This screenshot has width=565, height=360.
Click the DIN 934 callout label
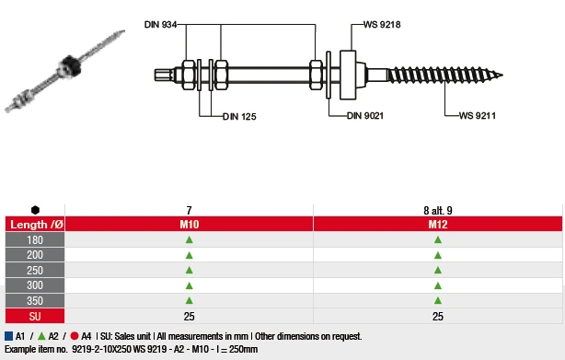tap(160, 25)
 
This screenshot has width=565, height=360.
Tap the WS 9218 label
tap(382, 25)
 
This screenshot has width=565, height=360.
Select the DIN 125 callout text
tap(239, 116)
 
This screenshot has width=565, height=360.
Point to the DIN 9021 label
tap(365, 116)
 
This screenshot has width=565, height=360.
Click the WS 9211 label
tap(478, 116)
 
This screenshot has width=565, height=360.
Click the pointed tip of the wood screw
tap(502, 75)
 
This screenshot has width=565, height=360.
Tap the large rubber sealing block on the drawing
tap(348, 75)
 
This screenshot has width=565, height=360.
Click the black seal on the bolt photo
tap(70, 65)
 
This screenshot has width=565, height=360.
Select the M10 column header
tap(190, 224)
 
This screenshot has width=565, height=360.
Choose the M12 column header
tap(438, 224)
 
